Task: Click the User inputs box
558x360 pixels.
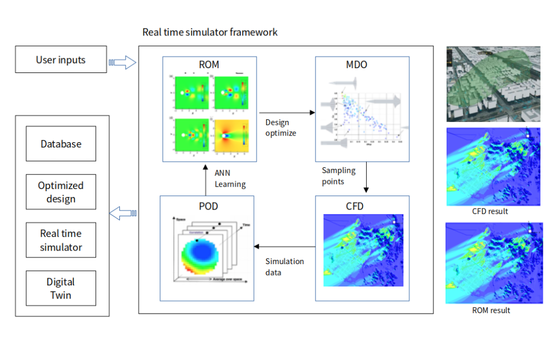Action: (60, 60)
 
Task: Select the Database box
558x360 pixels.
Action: (60, 144)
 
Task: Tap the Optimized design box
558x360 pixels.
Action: (60, 192)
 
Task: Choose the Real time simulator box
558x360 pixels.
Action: (60, 240)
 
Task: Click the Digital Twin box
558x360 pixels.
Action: (60, 288)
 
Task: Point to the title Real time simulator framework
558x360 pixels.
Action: (210, 32)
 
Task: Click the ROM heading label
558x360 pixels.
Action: (209, 64)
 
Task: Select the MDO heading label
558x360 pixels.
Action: (356, 65)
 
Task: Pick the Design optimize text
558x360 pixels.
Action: (281, 127)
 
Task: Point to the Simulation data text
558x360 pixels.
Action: (284, 266)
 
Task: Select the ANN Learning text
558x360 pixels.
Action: (229, 179)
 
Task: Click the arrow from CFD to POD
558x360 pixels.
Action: (284, 246)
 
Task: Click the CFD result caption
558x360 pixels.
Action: (490, 211)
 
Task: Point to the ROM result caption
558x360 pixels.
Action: (491, 310)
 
